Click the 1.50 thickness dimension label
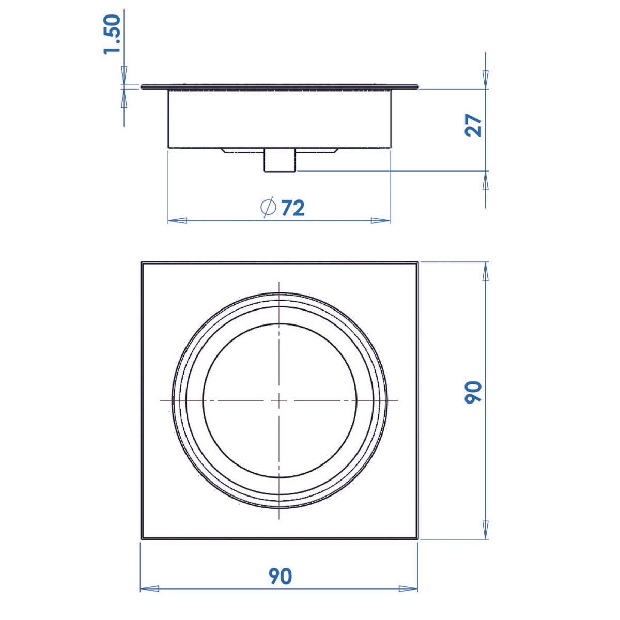[113, 35]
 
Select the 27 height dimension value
[474, 125]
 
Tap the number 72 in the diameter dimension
[293, 208]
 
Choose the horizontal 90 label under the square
[280, 577]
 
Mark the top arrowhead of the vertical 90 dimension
[485, 272]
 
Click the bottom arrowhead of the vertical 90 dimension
[485, 530]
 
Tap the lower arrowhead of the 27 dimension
[485, 181]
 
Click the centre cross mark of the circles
[279, 400]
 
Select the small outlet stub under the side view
[280, 161]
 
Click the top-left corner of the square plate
[142, 263]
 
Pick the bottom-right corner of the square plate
[417, 539]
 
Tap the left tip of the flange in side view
[142, 87]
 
